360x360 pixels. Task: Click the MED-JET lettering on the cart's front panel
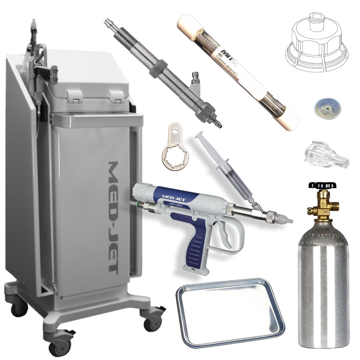[x=117, y=216]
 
